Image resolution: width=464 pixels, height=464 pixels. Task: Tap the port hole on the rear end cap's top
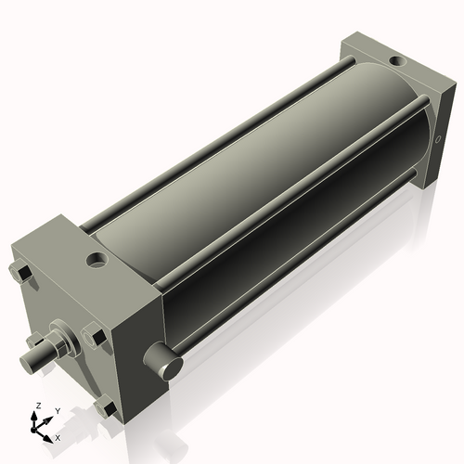(396, 60)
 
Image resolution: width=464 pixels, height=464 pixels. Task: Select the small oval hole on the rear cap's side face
(437, 142)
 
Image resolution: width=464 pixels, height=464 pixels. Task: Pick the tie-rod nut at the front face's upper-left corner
(22, 273)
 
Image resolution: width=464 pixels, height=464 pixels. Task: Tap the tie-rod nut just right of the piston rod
(93, 338)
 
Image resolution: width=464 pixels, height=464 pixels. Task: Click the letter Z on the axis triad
(37, 406)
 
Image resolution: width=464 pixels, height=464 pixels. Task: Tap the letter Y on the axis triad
(57, 410)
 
